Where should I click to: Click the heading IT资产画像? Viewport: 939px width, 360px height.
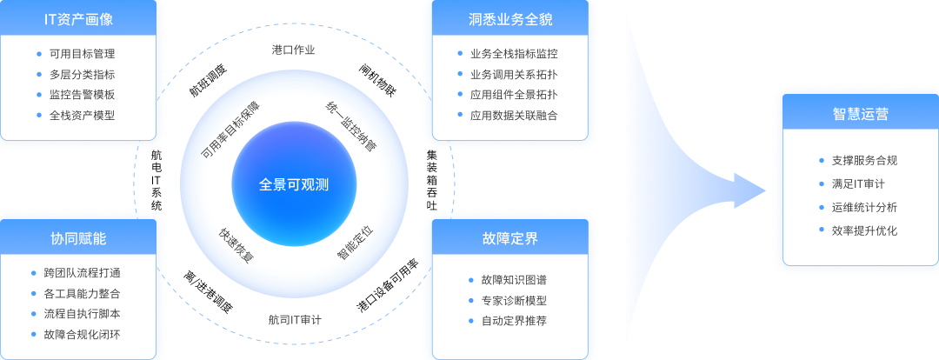click(78, 19)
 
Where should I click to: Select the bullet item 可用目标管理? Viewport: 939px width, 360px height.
click(83, 54)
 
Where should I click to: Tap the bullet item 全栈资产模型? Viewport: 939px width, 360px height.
click(83, 115)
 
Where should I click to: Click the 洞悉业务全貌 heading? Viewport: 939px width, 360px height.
click(510, 19)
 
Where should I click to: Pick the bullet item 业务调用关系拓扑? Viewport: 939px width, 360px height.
click(515, 75)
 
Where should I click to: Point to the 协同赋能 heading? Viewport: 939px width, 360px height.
click(78, 238)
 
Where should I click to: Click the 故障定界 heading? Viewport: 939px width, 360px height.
click(510, 238)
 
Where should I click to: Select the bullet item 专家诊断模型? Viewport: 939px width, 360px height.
click(515, 301)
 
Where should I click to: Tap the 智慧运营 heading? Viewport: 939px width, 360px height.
click(861, 114)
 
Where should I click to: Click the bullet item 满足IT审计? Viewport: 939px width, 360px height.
click(859, 184)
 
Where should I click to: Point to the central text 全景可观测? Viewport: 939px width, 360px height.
click(294, 184)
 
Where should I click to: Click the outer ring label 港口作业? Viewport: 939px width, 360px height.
click(294, 50)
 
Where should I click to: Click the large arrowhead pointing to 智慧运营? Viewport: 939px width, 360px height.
click(749, 191)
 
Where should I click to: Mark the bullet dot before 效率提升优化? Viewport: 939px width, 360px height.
click(822, 230)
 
